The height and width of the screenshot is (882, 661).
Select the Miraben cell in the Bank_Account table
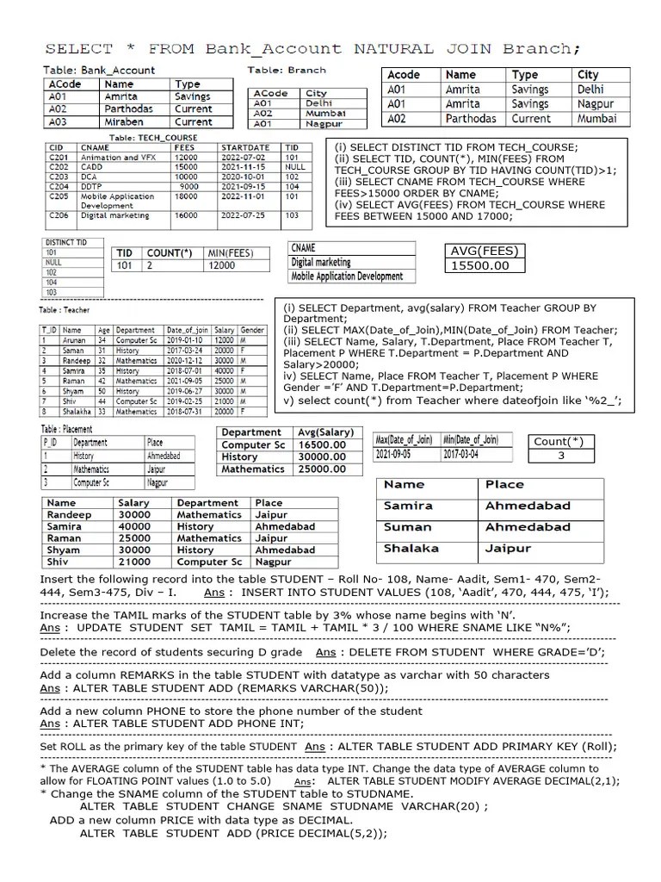126,122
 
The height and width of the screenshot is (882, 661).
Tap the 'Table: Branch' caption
287,70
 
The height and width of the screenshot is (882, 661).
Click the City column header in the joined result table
588,75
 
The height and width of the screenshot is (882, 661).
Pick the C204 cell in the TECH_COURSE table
59,185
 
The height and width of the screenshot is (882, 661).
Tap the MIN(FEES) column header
230,252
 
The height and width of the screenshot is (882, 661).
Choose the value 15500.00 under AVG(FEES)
479,265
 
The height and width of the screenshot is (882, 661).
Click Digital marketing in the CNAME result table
321,262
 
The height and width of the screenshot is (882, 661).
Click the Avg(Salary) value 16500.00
321,444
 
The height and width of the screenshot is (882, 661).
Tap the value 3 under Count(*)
559,456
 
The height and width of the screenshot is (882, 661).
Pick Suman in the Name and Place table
408,526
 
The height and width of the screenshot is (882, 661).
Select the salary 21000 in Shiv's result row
133,562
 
